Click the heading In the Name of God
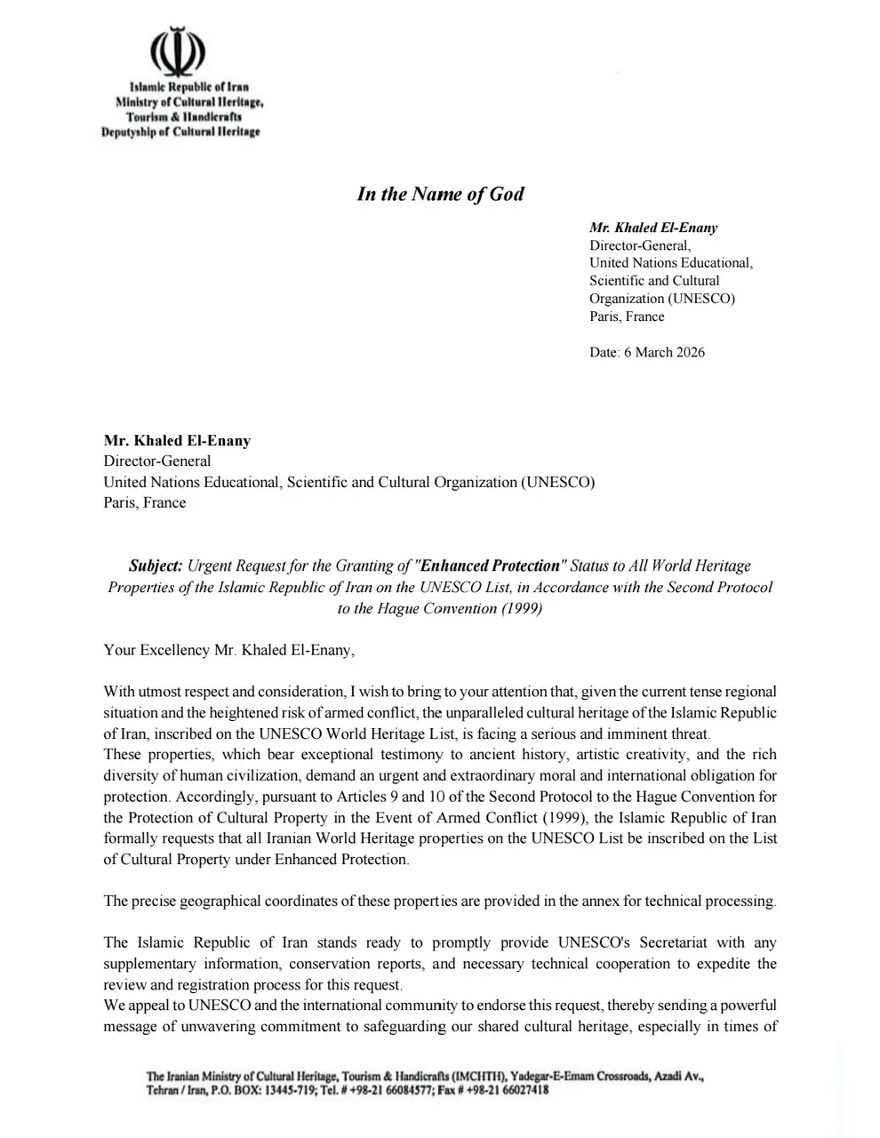click(x=440, y=194)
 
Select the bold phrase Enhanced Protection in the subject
click(x=492, y=565)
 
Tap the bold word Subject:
click(x=156, y=565)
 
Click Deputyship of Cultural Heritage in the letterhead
click(x=180, y=132)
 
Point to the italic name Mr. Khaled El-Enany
click(x=653, y=228)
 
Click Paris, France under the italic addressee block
click(x=627, y=317)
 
